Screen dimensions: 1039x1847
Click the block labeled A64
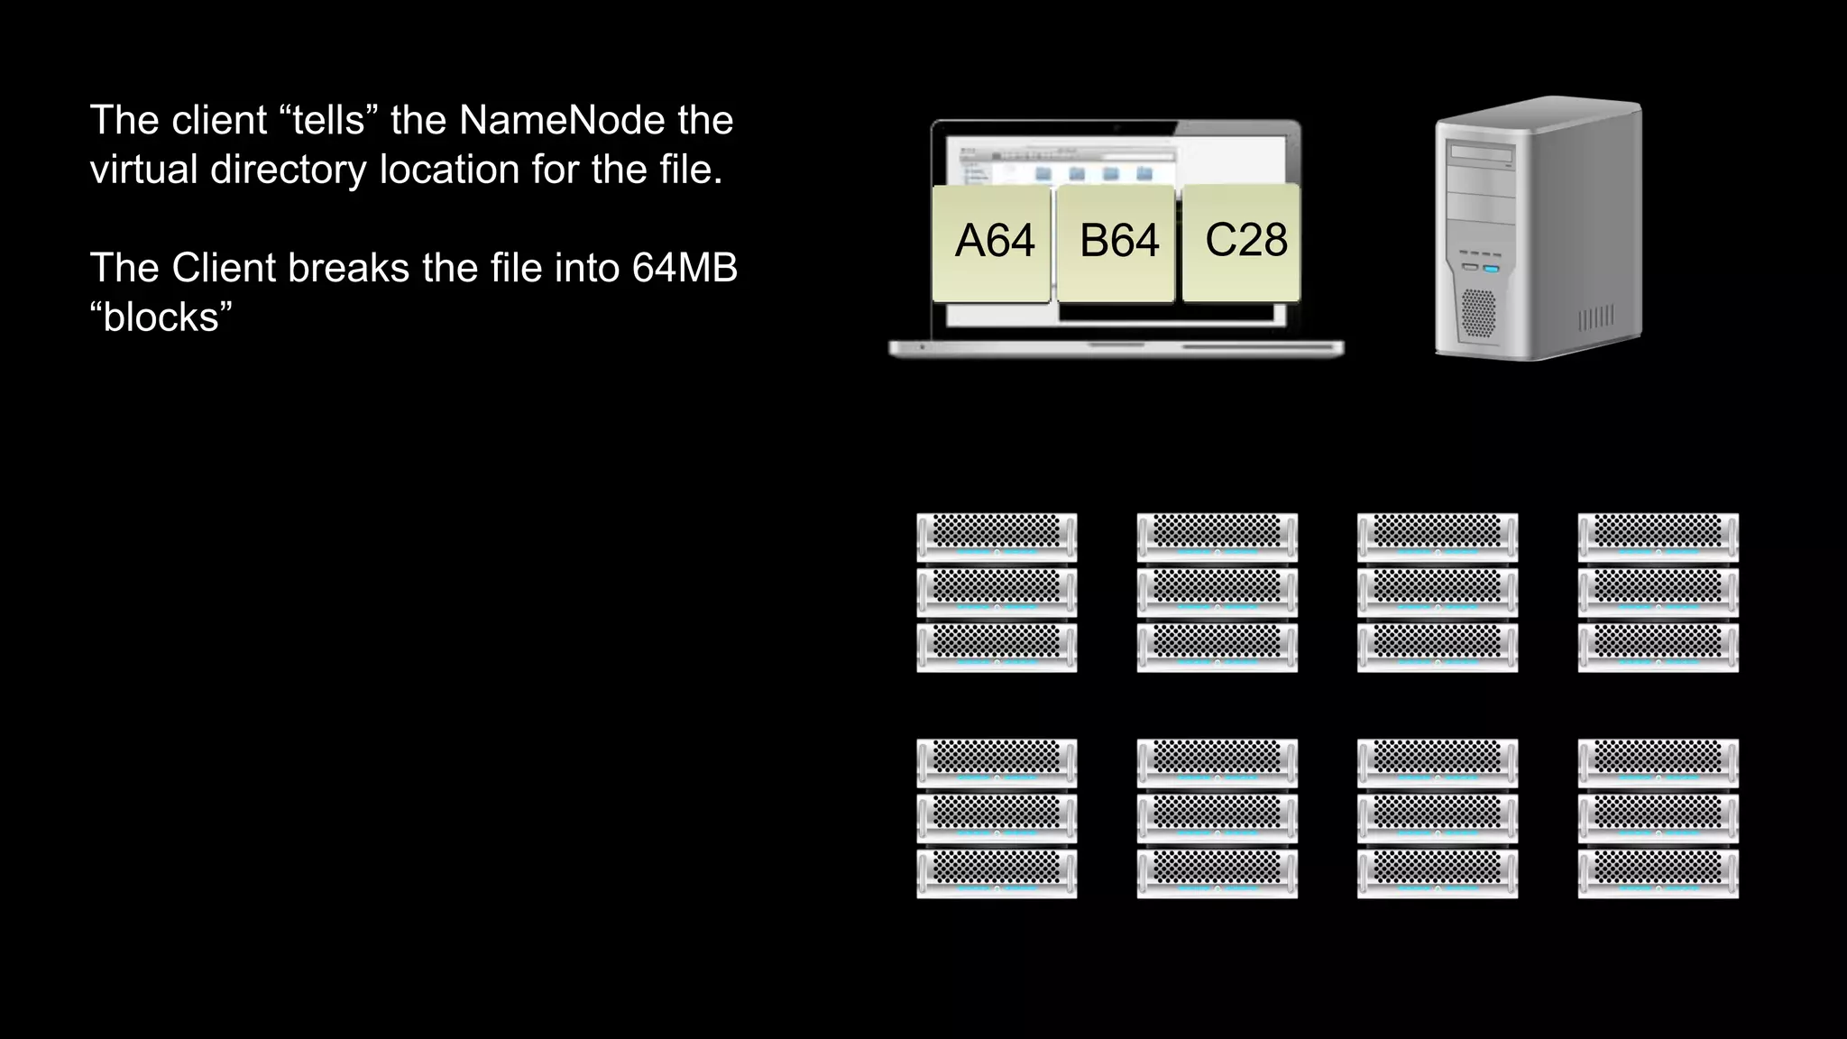[x=992, y=242]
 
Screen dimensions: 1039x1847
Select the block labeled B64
[x=1116, y=242]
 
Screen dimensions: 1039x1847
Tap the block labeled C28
[x=1243, y=242]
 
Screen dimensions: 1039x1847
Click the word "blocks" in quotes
[x=161, y=317]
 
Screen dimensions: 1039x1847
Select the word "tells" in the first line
[x=327, y=121]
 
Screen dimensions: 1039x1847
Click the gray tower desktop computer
[x=1538, y=230]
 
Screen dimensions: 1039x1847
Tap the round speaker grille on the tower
[x=1477, y=313]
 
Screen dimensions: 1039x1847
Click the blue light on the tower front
[x=1490, y=269]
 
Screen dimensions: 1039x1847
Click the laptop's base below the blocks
[x=1116, y=348]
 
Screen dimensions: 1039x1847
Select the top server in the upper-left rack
[x=997, y=537]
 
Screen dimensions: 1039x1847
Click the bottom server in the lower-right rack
[x=1658, y=873]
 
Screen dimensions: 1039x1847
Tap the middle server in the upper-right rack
[x=1658, y=593]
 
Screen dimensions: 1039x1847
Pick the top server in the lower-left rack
[x=997, y=763]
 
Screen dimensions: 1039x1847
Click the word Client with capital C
[x=225, y=268]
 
